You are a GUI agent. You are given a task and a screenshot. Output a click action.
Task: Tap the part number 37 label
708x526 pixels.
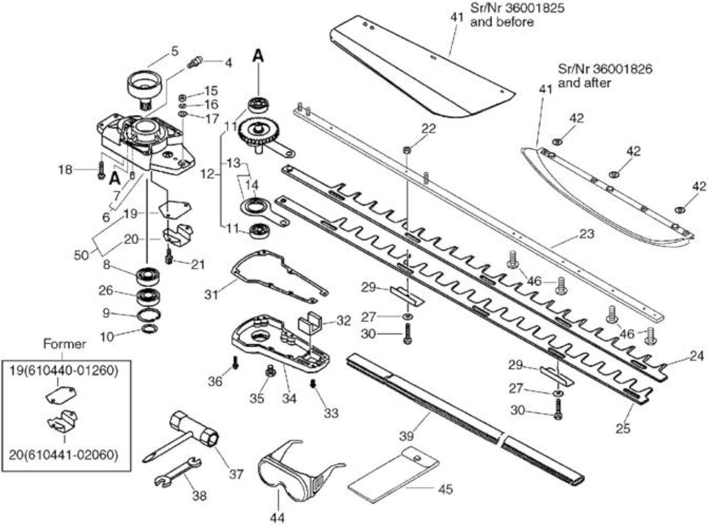tap(236, 474)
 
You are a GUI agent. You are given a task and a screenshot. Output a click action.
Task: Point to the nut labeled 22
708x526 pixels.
tap(407, 149)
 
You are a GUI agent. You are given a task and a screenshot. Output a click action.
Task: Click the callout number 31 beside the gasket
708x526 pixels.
tap(211, 294)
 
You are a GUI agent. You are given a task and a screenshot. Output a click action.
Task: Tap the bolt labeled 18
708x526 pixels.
tap(101, 170)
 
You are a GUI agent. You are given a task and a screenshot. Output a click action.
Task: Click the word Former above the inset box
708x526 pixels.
tap(65, 344)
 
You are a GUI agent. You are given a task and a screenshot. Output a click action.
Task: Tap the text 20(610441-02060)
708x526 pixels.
tap(64, 454)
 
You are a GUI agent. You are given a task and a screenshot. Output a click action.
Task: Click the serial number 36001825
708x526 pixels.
tap(534, 8)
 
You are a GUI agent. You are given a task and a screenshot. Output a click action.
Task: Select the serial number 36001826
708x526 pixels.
tap(622, 69)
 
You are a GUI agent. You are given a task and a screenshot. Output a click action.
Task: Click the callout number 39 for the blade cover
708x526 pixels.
tap(407, 435)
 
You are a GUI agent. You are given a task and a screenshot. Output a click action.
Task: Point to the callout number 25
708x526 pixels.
tap(623, 428)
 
